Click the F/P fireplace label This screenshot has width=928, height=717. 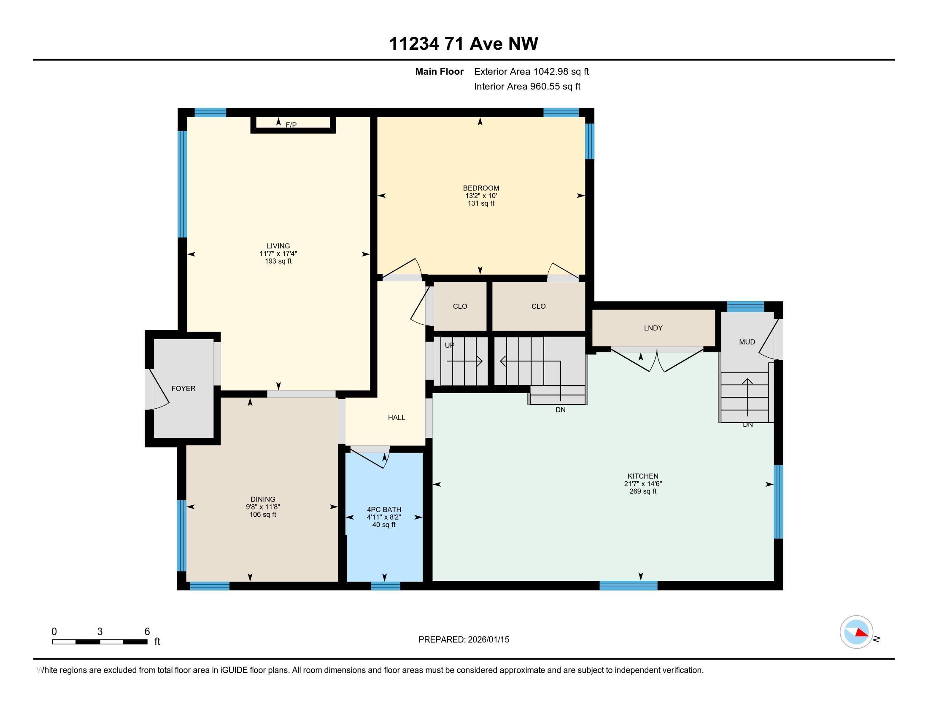click(291, 125)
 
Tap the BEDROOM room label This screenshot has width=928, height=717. click(480, 188)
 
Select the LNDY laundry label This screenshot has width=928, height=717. click(653, 328)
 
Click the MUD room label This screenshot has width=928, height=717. click(747, 342)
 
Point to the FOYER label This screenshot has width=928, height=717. click(183, 388)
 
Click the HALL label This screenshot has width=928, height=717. click(396, 418)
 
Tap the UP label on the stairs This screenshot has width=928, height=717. click(449, 345)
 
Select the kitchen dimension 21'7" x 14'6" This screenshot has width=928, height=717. click(642, 484)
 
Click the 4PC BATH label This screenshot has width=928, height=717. click(384, 509)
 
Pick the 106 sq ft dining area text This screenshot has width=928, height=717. click(263, 515)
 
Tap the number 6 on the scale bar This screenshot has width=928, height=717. click(147, 632)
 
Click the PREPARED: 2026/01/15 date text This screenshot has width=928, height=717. click(464, 639)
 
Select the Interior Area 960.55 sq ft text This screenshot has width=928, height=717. click(527, 86)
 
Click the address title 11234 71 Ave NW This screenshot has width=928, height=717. click(464, 43)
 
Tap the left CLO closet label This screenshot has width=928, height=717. click(460, 306)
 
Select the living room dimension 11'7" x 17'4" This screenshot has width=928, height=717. click(278, 253)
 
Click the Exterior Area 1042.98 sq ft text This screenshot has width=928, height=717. click(531, 71)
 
